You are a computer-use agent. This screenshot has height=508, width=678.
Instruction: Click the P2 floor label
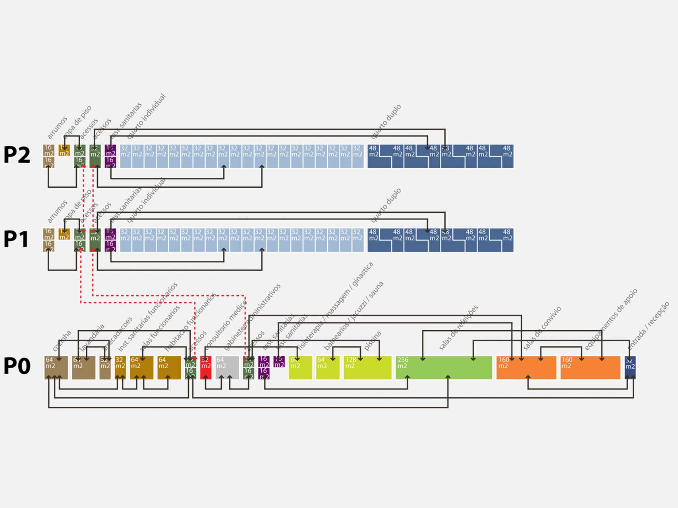(x=17, y=155)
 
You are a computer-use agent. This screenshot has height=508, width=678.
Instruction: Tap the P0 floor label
(x=17, y=366)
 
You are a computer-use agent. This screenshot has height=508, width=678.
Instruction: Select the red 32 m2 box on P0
(x=206, y=368)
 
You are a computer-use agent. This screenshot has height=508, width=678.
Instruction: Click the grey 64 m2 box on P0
(x=227, y=368)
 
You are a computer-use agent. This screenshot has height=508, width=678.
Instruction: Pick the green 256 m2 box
(x=444, y=368)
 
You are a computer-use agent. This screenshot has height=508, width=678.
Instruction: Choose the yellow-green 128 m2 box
(x=367, y=368)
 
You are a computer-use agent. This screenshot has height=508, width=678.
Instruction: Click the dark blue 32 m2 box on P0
(x=630, y=368)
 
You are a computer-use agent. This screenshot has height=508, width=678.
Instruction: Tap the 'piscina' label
(x=373, y=341)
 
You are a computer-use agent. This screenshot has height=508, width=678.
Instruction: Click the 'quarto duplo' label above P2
(x=386, y=121)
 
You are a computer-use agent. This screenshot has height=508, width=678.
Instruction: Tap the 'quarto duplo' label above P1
(x=386, y=205)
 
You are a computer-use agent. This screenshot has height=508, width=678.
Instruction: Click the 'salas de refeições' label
(x=458, y=327)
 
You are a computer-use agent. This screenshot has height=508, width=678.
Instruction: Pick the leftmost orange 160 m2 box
(x=526, y=368)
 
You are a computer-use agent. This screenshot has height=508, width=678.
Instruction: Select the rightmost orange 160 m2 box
(x=590, y=368)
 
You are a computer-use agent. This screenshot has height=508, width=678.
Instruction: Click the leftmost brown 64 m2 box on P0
(x=56, y=368)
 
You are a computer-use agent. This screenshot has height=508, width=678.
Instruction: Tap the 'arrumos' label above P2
(x=57, y=127)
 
